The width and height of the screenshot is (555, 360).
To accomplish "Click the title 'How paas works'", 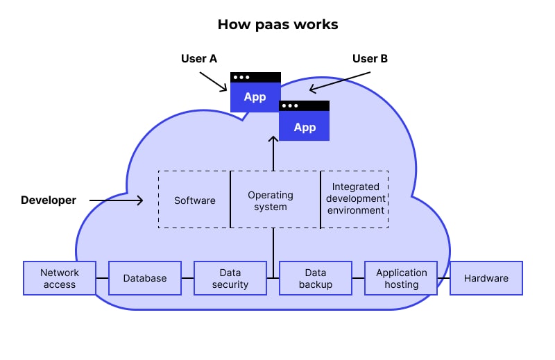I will [x=277, y=24].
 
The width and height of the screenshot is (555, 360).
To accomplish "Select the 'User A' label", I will [x=199, y=58].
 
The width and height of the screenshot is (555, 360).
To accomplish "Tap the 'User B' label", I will [x=370, y=58].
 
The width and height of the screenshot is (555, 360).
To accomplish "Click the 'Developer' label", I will [x=49, y=200].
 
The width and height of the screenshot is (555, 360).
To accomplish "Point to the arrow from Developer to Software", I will [x=116, y=200].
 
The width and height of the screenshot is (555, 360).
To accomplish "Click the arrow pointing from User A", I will [x=213, y=81].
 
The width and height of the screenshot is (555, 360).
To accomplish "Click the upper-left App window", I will [x=255, y=92].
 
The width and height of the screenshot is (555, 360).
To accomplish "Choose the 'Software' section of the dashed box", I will [x=194, y=200].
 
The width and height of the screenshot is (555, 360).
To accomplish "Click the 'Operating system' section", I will [x=274, y=200].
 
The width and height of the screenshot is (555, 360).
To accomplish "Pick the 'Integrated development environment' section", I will [x=355, y=198].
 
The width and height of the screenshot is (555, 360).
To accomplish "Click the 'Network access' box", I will [x=59, y=278].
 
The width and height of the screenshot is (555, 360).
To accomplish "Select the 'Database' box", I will [x=145, y=278].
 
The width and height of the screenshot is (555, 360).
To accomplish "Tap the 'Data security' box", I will [x=230, y=278].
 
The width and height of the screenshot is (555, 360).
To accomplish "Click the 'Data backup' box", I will [x=316, y=278].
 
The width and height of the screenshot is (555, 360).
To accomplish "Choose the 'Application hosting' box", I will [x=401, y=278].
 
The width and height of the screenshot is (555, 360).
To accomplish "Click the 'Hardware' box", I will [x=486, y=278].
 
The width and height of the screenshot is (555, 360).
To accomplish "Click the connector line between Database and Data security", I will [x=187, y=278].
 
